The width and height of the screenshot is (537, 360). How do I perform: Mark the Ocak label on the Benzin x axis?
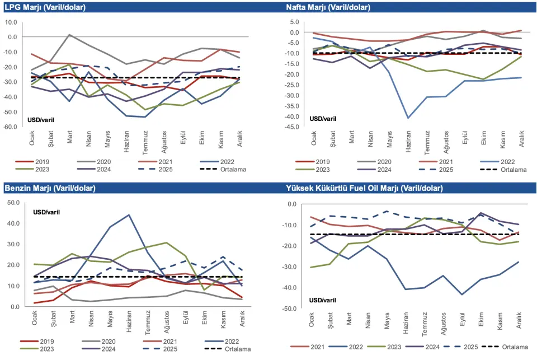[35, 318]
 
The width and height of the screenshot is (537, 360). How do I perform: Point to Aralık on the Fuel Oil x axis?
[520, 321]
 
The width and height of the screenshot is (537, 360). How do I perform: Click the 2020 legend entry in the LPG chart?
[103, 160]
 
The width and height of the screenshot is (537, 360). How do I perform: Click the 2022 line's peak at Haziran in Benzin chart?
[128, 215]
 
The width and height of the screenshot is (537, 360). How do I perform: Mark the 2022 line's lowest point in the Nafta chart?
[408, 118]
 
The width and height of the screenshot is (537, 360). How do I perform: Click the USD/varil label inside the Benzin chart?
[47, 212]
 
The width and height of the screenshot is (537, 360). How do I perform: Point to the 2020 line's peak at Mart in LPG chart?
[69, 35]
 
